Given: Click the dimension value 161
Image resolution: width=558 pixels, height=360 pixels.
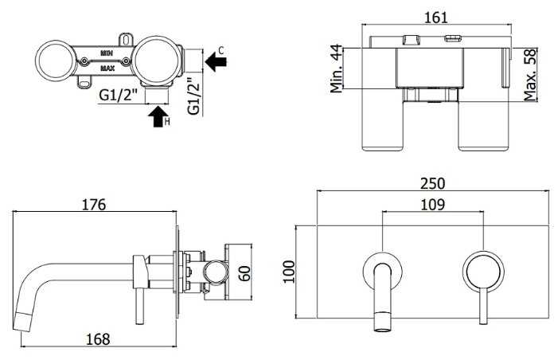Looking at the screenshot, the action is [436, 17].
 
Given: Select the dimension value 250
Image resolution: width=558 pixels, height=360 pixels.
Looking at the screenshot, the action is [432, 183].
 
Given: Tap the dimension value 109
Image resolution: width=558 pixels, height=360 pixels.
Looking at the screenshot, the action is [432, 205].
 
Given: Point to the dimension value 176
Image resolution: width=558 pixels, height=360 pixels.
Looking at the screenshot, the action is [94, 205].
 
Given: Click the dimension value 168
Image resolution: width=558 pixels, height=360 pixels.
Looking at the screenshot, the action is [98, 338].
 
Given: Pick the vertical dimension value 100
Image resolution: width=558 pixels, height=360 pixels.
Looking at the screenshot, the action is [289, 272].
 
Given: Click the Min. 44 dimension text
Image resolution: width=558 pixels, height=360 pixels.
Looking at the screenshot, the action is [336, 68].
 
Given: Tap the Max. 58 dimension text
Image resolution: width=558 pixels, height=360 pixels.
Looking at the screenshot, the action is [530, 75].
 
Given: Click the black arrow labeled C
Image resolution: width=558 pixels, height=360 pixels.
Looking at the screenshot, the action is [216, 61].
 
